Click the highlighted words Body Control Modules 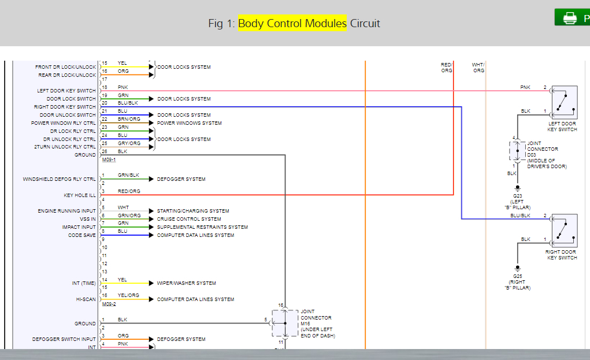[x=292, y=23]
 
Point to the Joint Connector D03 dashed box [x=517, y=150]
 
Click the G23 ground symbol [x=517, y=188]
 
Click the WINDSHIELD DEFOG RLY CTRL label [x=60, y=179]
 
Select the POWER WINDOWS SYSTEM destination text [x=189, y=123]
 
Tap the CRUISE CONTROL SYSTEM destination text [x=189, y=219]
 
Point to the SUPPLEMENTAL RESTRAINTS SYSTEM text [x=202, y=227]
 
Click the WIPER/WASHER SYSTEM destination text [x=186, y=283]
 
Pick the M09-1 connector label [x=109, y=159]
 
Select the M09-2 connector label [x=109, y=303]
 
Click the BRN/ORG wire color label [x=129, y=119]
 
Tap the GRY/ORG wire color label [x=129, y=143]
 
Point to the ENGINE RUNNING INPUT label [x=67, y=211]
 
